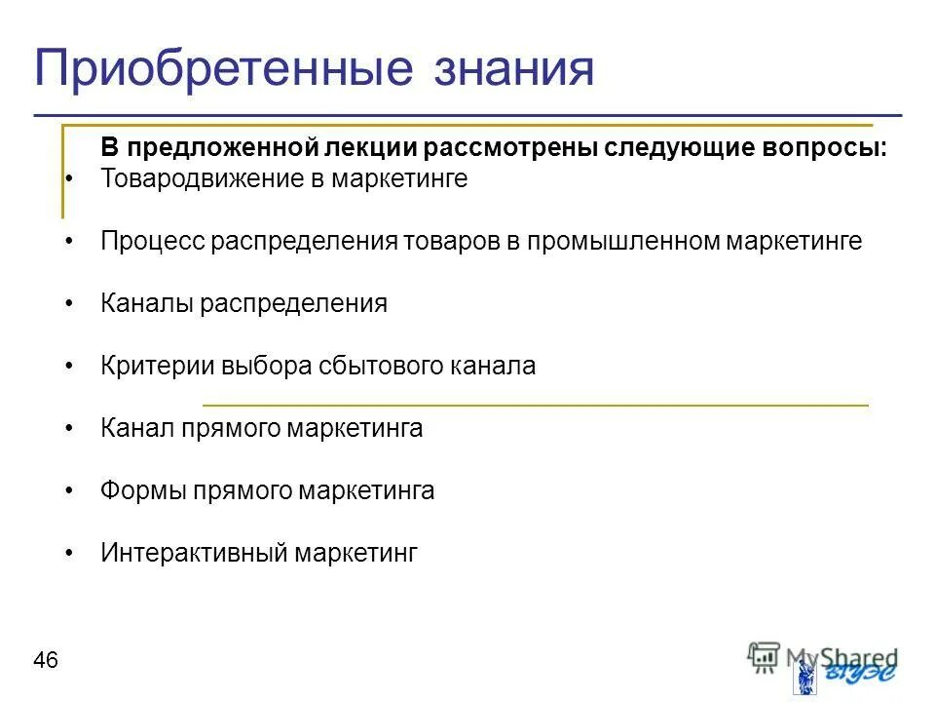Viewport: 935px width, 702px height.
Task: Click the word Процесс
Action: pos(148,241)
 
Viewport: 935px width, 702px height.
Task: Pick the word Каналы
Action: pos(147,303)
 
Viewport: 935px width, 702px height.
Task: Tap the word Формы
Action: pos(143,490)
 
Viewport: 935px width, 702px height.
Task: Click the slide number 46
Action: pos(46,661)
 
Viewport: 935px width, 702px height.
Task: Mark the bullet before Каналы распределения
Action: pos(69,304)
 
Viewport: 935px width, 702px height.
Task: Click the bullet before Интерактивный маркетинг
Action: pos(69,554)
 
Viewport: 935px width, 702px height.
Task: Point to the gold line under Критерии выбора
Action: pos(535,404)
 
